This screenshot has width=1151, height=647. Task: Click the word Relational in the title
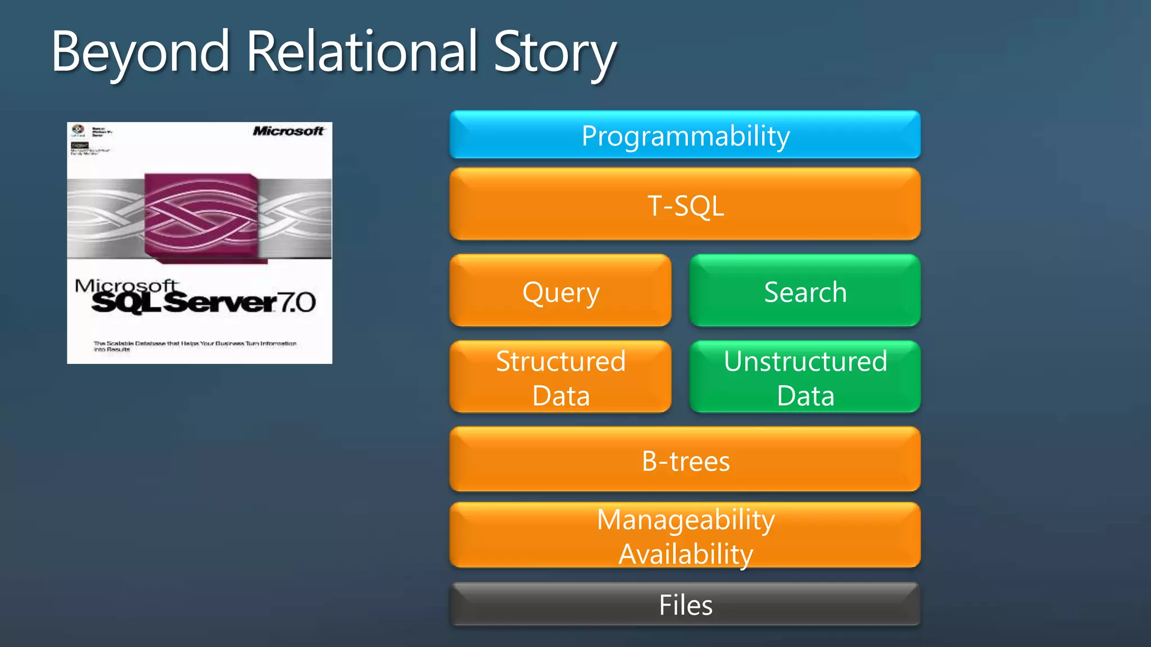point(361,52)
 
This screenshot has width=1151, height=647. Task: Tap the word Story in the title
point(555,52)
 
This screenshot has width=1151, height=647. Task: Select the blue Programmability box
point(685,135)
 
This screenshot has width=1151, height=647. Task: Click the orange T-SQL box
point(685,205)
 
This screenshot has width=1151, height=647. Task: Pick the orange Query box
point(560,291)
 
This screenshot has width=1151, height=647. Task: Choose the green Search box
point(805,291)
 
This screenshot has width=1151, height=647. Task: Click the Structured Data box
point(560,377)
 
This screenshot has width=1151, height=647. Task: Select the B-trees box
point(685,461)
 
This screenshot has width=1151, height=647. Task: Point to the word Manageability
point(686,520)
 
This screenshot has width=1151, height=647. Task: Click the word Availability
point(686,554)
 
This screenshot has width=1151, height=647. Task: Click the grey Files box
point(685,605)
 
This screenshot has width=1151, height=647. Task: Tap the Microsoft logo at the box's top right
point(288,131)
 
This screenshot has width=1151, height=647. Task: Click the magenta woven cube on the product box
point(201,216)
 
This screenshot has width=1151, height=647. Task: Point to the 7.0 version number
point(297,303)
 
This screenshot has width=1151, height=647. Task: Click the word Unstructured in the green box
point(805,361)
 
